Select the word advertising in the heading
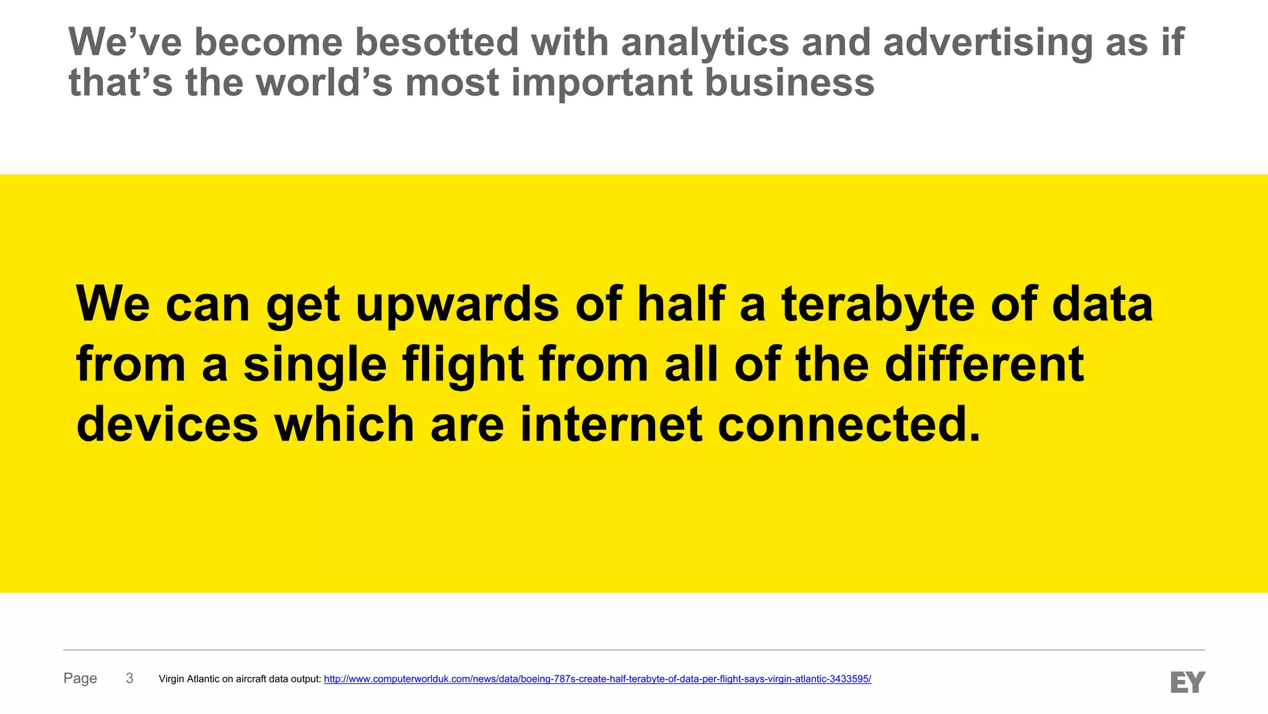click(x=988, y=43)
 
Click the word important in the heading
click(x=601, y=84)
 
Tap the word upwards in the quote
click(x=458, y=305)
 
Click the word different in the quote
click(x=984, y=364)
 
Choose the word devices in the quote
click(x=167, y=425)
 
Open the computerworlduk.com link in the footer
click(x=597, y=679)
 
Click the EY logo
click(x=1188, y=682)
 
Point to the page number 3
click(x=129, y=679)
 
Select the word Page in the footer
click(x=80, y=679)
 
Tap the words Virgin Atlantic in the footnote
click(x=188, y=679)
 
